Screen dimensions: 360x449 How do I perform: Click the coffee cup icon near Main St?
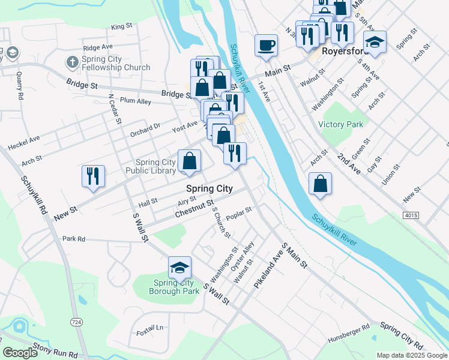coord(266,45)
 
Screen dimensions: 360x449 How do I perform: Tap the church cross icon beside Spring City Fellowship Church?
coord(71,61)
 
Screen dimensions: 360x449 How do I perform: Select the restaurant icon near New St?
coord(93,176)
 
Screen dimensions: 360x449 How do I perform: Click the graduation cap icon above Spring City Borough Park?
coord(179,268)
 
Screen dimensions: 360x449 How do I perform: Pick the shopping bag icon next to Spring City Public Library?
coord(189,161)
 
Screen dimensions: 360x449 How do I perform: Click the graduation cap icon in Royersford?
coord(375,42)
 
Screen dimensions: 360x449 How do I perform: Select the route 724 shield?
coord(76,323)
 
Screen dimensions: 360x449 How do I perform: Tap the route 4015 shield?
coord(411,215)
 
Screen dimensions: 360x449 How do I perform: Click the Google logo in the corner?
coord(20,353)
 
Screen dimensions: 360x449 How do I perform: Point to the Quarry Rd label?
coord(20,85)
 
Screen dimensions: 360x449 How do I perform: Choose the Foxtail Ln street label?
coord(149,328)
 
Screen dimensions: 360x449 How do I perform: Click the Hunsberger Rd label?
coord(349,335)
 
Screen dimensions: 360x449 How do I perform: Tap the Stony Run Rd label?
coord(55,350)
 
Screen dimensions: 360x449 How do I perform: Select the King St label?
coord(121,26)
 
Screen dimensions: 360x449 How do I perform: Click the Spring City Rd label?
coord(402,337)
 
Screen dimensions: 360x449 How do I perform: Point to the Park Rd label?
coord(74,238)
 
